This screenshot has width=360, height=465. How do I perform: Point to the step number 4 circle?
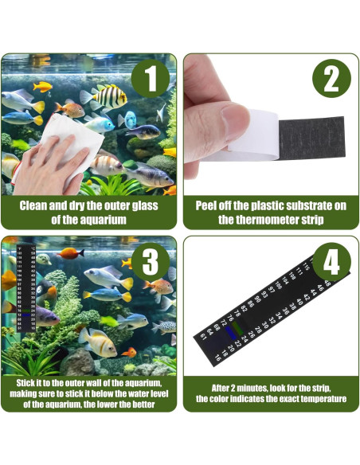point(332,264)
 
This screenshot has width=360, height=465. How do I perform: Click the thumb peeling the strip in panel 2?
point(218,120)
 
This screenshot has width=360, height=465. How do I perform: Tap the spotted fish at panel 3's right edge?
point(165,326)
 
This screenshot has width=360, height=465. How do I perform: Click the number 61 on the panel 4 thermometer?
point(202,335)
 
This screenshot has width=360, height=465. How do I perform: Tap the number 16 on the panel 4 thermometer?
point(217,358)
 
